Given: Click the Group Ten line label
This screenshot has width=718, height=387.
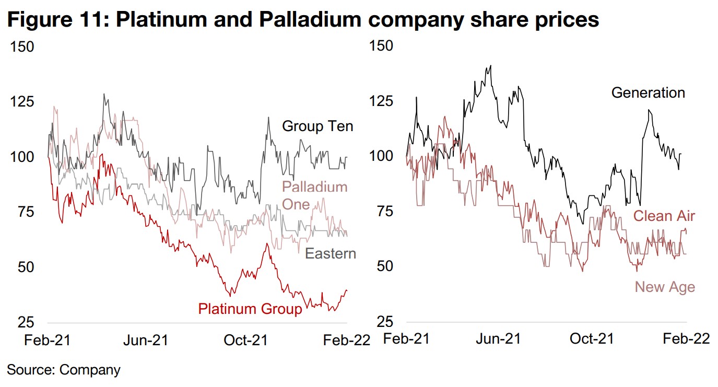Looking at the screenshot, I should (317, 126).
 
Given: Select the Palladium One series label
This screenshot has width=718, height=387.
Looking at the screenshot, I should (314, 195).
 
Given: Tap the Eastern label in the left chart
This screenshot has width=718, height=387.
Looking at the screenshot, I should (330, 254).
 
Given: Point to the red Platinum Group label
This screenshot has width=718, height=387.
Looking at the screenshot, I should (250, 309).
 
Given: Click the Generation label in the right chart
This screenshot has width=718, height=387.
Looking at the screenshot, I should (648, 93).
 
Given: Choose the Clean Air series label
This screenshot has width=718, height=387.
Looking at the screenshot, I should (664, 216).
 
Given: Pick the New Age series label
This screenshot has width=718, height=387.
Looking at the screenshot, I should (665, 287).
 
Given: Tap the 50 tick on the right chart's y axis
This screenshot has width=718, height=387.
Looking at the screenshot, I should (381, 266).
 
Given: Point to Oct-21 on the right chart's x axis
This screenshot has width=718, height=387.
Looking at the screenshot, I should (591, 339).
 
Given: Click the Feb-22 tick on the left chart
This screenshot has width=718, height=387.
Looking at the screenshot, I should (346, 341).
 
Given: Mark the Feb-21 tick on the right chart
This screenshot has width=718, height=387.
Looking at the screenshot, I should (406, 339).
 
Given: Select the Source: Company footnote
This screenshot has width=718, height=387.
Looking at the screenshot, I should (64, 370).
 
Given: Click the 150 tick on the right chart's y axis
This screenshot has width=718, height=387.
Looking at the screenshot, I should (381, 46).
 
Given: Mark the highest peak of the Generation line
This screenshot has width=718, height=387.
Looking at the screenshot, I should (490, 66).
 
